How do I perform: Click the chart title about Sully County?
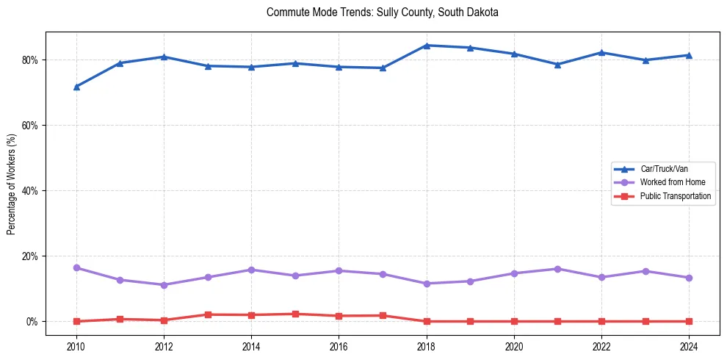tap(383, 12)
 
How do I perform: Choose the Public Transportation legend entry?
tap(675, 196)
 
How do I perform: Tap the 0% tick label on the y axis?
tap(32, 322)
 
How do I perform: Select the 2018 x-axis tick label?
tap(427, 345)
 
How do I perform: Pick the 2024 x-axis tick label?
tap(689, 345)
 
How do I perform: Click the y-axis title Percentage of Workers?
tap(12, 184)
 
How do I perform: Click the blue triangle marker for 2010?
tap(76, 87)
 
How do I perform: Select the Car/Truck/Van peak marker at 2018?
tap(427, 46)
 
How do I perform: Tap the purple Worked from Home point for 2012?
tap(164, 285)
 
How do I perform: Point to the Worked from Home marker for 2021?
tap(557, 269)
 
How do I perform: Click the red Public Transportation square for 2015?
tap(295, 314)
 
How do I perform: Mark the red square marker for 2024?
tap(689, 321)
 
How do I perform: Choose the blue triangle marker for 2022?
tap(601, 53)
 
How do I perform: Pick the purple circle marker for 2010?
tap(76, 268)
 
